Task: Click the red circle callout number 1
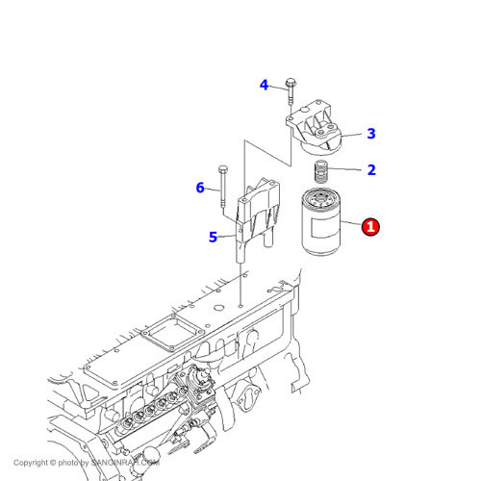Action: [x=370, y=227]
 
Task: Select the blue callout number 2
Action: [x=371, y=170]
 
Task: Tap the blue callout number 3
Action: [x=371, y=134]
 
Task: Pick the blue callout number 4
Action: [x=264, y=85]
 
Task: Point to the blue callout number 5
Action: [x=213, y=238]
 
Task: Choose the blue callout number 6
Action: [x=200, y=188]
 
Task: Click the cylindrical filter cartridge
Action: [x=321, y=222]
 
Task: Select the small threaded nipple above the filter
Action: [x=320, y=171]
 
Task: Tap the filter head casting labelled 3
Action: [x=315, y=128]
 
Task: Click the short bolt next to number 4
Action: [x=291, y=91]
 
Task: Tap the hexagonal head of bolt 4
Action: [x=291, y=83]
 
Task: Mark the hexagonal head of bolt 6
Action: [x=222, y=168]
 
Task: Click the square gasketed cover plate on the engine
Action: [x=173, y=333]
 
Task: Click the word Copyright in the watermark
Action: [x=31, y=463]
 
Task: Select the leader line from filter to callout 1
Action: [x=351, y=223]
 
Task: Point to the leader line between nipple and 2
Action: [x=344, y=168]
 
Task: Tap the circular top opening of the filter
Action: [x=321, y=198]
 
